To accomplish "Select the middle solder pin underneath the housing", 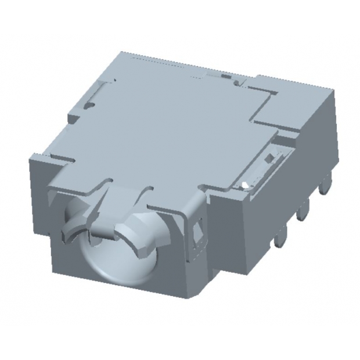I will (x=301, y=215).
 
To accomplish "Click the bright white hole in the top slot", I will (x=246, y=185).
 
